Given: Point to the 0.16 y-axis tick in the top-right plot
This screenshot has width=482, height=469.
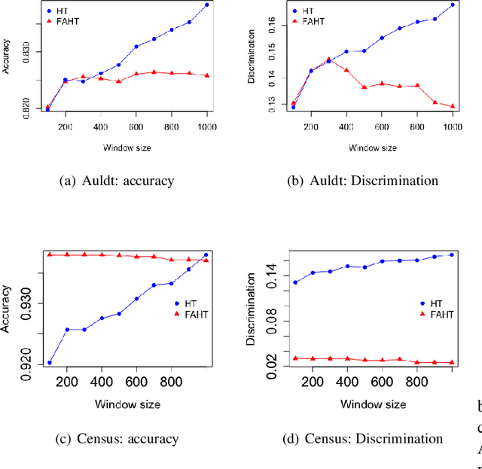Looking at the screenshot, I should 273,25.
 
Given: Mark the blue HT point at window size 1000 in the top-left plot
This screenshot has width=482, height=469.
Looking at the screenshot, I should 207,5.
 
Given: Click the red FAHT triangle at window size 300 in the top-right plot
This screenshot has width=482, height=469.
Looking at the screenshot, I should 328,59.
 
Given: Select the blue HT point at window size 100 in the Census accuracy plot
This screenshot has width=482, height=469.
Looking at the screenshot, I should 50,363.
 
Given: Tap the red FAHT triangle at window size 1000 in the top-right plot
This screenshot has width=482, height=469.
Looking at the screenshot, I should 453,106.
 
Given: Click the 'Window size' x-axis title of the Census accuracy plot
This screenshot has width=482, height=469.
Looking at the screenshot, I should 127,404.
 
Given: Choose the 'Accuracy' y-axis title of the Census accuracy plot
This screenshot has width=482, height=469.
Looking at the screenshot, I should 8,309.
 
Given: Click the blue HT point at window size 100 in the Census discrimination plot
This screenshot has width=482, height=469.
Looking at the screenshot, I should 295,282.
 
